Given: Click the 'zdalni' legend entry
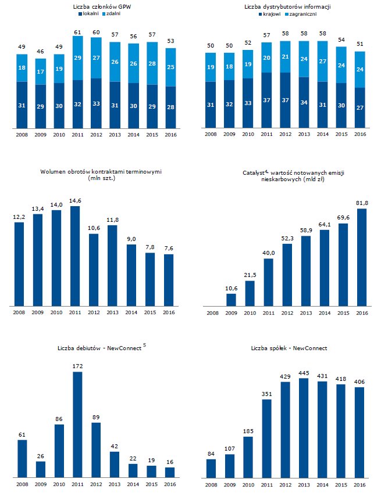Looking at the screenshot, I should [x=112, y=13].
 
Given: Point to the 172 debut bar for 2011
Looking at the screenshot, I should [x=78, y=424].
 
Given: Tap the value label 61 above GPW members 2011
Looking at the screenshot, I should [x=78, y=32].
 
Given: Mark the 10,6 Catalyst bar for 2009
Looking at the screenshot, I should [x=231, y=299].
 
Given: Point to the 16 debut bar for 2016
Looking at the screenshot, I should [x=170, y=472].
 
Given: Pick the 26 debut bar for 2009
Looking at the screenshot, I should [x=41, y=469].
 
